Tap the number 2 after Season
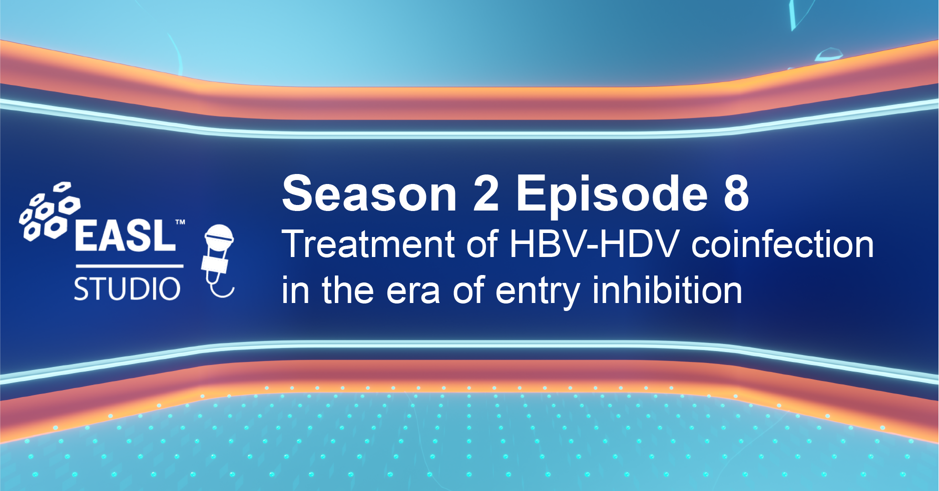[x=486, y=193]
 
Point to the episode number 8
[x=736, y=193]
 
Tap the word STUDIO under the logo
[x=127, y=289]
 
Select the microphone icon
[x=218, y=260]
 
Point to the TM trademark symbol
[x=180, y=222]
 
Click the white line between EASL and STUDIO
[x=130, y=265]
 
